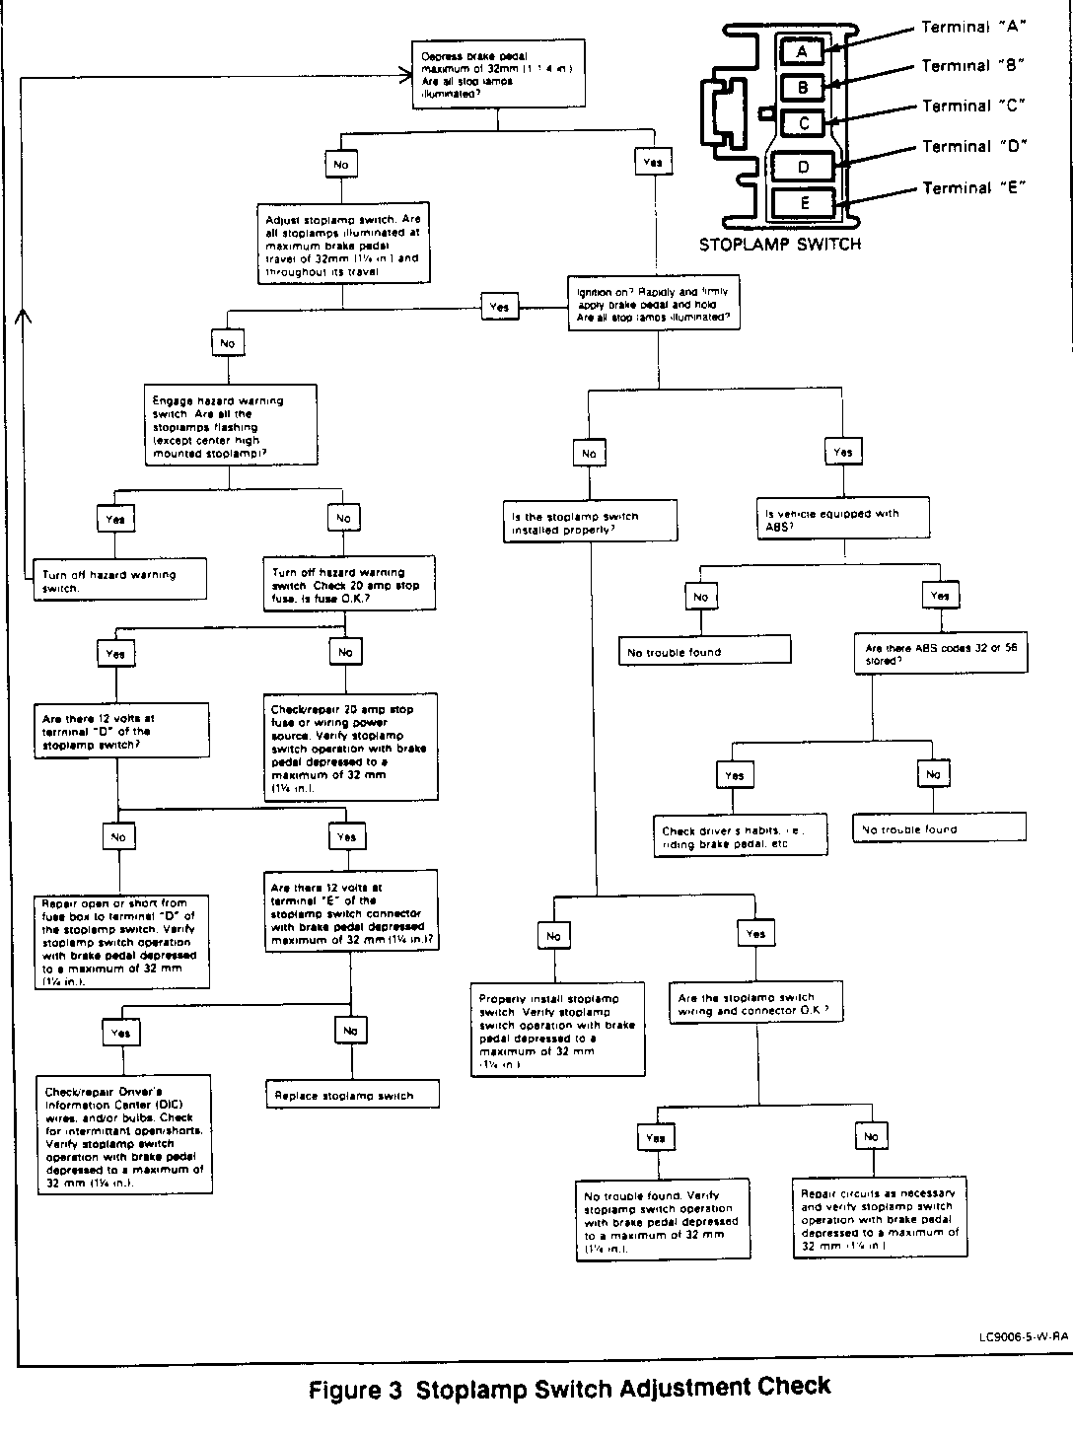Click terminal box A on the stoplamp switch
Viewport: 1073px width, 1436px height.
coord(803,51)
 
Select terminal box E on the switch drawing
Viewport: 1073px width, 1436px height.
coord(805,203)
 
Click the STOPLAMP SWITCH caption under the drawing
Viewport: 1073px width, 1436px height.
coord(779,245)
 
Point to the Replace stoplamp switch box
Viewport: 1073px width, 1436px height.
coord(351,1096)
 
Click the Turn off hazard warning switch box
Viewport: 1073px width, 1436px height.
coord(119,580)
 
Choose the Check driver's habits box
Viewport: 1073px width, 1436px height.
coord(741,836)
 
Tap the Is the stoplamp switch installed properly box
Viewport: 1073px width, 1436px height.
coord(590,522)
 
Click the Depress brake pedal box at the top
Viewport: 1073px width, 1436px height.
coord(498,74)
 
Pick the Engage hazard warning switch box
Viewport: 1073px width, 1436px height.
coord(231,425)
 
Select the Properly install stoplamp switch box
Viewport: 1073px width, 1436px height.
coord(556,1029)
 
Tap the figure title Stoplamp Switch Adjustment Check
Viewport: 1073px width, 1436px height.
coord(570,1389)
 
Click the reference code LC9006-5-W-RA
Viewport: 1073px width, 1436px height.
coord(1023,1336)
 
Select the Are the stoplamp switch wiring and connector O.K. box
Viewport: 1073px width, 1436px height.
coord(756,1004)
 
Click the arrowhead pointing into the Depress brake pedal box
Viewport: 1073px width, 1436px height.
coord(403,73)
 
